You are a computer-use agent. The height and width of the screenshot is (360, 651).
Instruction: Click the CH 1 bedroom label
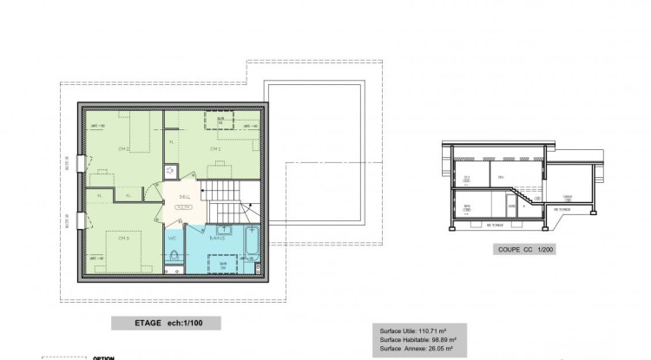pos(214,148)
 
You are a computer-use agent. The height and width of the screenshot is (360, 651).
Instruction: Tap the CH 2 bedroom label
pos(123,149)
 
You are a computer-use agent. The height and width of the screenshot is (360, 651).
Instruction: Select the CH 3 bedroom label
pos(123,238)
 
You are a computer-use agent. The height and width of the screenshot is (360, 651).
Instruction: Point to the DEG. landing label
pos(184,198)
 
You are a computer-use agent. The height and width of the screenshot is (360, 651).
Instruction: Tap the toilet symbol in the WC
pos(174,257)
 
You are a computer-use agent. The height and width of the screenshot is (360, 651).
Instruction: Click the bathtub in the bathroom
pos(252,245)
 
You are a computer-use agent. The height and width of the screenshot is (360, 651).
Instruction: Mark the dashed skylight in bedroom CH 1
pos(220,120)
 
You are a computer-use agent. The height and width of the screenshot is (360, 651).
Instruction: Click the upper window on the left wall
pos(81,162)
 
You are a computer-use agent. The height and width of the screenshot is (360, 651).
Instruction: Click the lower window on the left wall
pos(81,221)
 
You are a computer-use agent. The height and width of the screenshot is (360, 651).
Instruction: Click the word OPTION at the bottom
pos(104,357)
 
